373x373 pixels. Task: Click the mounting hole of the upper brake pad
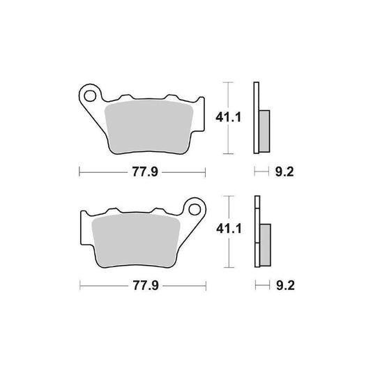coord(89,92)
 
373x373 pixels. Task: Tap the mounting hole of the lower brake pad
coord(196,207)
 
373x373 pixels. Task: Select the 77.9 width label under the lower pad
coord(143,285)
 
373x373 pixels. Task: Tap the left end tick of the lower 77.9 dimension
coord(79,285)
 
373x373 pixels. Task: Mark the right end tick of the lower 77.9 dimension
coord(206,285)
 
